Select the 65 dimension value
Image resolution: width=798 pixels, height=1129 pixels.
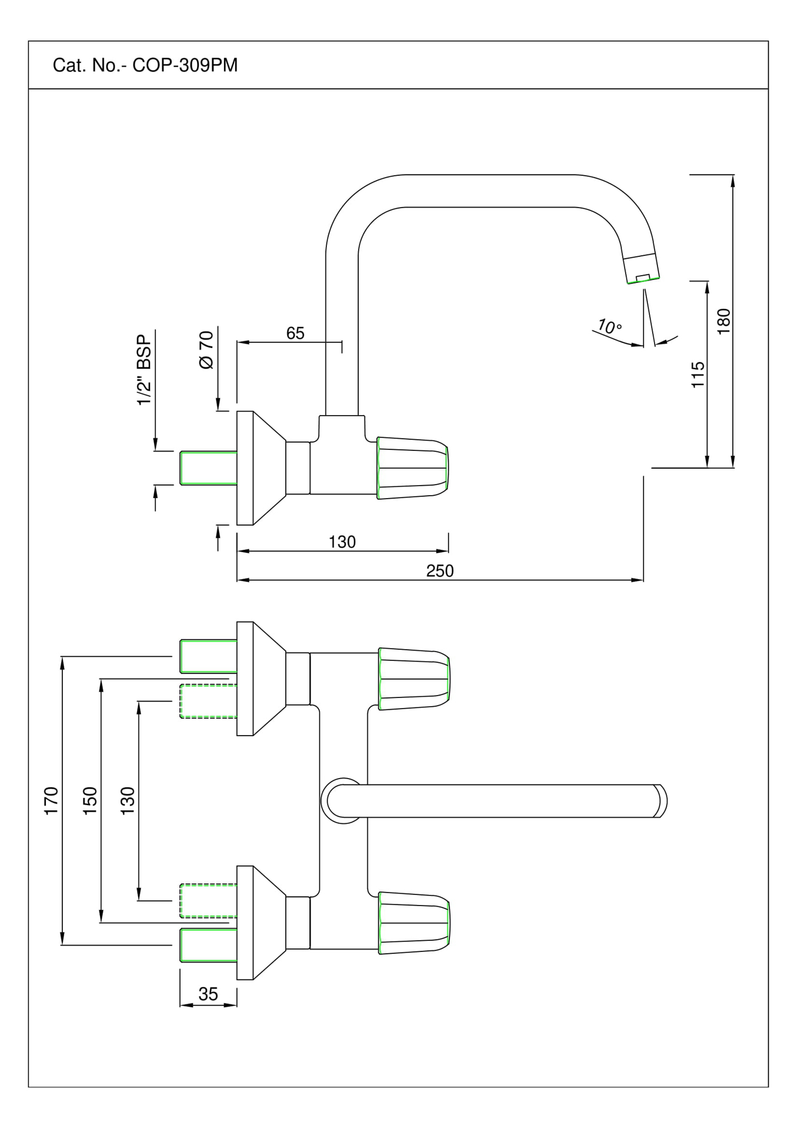tap(295, 333)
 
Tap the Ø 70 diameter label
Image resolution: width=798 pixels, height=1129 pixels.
tap(206, 350)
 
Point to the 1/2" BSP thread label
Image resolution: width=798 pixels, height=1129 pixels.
tap(144, 368)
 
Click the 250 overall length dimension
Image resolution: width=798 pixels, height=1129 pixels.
tap(439, 571)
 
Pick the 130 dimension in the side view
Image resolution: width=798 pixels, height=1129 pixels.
tap(342, 542)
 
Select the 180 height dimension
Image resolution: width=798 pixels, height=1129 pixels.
tap(724, 321)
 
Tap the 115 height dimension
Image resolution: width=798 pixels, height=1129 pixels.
tap(698, 375)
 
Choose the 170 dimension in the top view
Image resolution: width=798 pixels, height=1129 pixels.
tap(52, 800)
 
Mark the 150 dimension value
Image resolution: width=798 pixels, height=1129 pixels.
tap(89, 800)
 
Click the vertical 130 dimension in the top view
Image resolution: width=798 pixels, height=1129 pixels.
tap(128, 800)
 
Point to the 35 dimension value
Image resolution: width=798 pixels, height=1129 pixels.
tap(208, 994)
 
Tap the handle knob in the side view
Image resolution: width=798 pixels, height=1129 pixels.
tap(412, 469)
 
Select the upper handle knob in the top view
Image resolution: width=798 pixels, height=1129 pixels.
tap(413, 679)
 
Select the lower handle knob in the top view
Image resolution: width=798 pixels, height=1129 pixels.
tap(413, 923)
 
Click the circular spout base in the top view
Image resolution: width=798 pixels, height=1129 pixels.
tap(341, 801)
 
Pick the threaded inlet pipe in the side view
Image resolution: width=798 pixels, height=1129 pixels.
tap(208, 468)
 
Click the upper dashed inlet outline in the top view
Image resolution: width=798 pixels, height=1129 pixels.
tap(208, 701)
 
